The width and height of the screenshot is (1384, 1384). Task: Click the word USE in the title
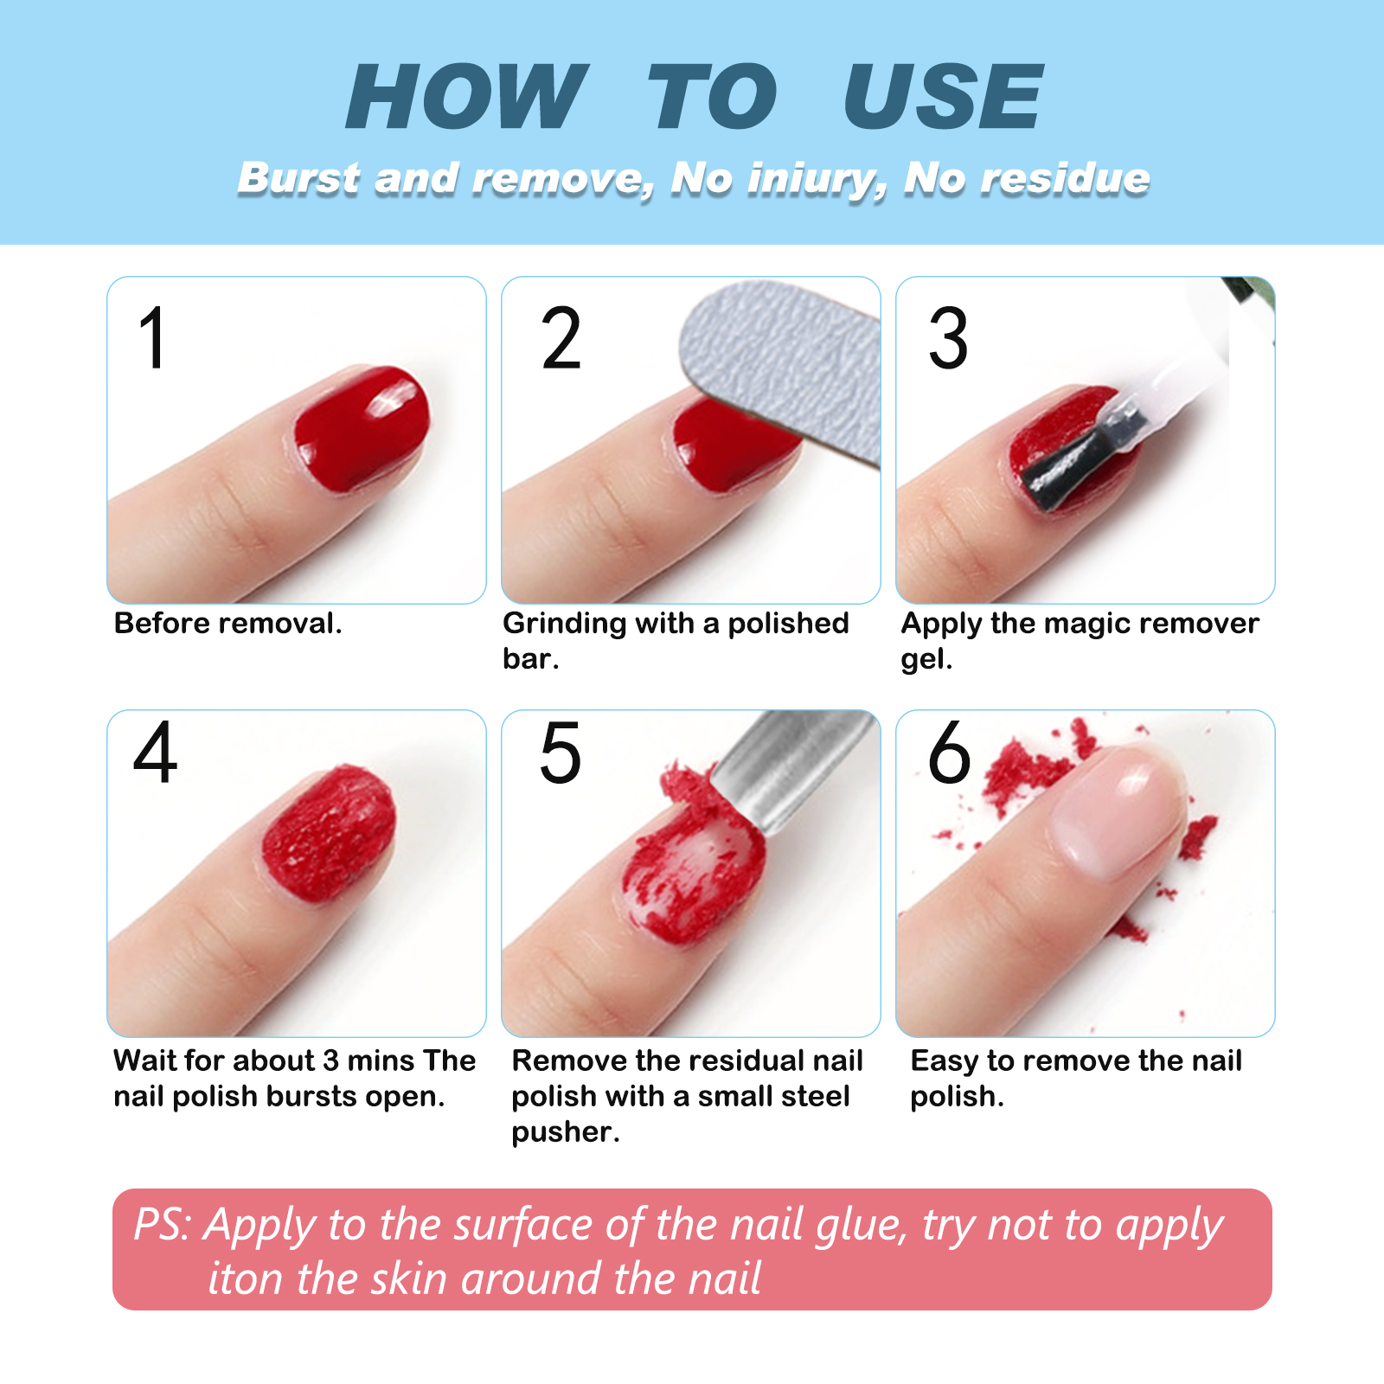943,97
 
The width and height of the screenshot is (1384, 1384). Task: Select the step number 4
156,753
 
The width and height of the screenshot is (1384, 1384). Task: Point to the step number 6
949,753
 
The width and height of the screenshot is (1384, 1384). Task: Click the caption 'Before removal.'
227,624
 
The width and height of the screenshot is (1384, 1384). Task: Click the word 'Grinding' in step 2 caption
564,624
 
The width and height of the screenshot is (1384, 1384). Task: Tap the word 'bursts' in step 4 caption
311,1097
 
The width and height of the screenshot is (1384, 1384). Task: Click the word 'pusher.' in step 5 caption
566,1132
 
